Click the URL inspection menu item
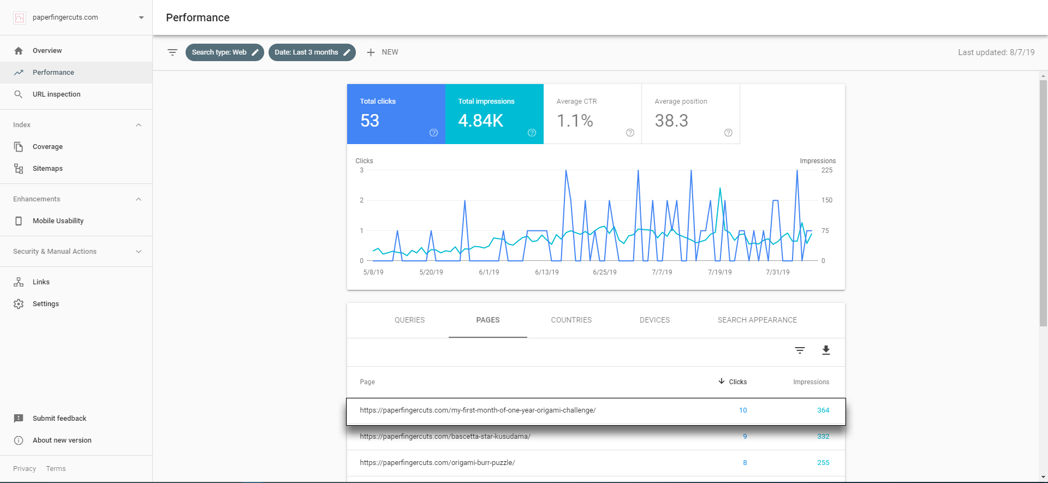tap(56, 94)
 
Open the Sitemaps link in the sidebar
tap(47, 169)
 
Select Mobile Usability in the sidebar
tap(58, 221)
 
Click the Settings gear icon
tap(19, 304)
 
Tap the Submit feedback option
tap(59, 419)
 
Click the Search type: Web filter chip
tap(225, 52)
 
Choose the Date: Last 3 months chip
tap(312, 52)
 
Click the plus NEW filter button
tap(382, 52)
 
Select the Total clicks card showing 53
tap(396, 114)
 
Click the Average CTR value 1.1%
tap(575, 121)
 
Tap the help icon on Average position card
tap(728, 133)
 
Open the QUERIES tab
tap(409, 320)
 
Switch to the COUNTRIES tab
tap(571, 320)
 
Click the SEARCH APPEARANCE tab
tap(757, 320)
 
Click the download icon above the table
tap(826, 350)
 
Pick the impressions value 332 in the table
tap(823, 437)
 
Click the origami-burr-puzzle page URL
tap(437, 463)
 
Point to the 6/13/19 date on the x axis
tap(547, 272)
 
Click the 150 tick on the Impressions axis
tap(827, 200)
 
